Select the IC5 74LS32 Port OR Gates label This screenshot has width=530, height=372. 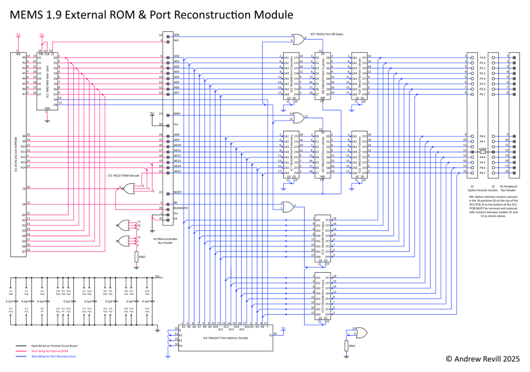point(327,34)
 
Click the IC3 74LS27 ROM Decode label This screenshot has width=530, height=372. point(124,176)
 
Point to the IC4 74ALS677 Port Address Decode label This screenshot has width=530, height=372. point(226,338)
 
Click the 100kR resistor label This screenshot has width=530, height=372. point(482,148)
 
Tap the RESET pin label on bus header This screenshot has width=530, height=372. point(178,192)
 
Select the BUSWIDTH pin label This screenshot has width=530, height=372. point(180,208)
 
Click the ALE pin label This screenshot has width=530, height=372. point(176,40)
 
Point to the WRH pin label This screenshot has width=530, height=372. point(177,113)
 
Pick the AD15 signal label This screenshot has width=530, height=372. point(177,171)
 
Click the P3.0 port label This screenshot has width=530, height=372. point(482,58)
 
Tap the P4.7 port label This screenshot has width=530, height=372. point(482,173)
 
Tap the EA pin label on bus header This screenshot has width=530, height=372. point(175,218)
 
